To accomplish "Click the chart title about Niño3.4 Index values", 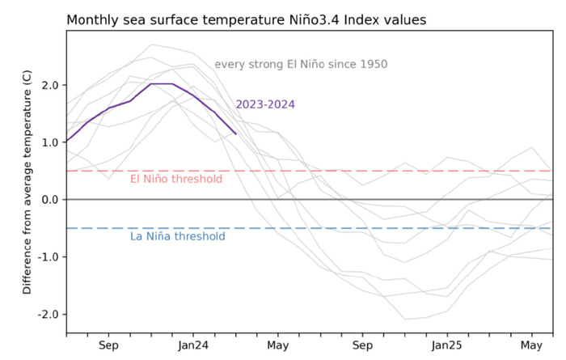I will click(246, 19).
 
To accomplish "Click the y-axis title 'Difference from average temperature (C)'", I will click(27, 180).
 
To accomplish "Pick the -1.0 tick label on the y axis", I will click(46, 257).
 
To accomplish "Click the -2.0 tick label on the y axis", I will click(46, 315).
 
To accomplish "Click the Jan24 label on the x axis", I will click(193, 345).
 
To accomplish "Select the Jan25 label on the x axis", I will click(446, 345).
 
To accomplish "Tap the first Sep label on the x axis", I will click(108, 345).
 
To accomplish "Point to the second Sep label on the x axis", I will click(361, 345).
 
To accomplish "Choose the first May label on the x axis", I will click(277, 345).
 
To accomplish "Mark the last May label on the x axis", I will click(530, 345).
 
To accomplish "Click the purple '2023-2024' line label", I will click(265, 104).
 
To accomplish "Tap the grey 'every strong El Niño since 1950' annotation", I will click(301, 65).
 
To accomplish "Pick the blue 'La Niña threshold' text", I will click(178, 237).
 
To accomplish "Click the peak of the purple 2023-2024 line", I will click(161, 83).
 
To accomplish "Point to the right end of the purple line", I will click(235, 133).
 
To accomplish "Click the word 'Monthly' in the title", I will click(91, 19).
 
